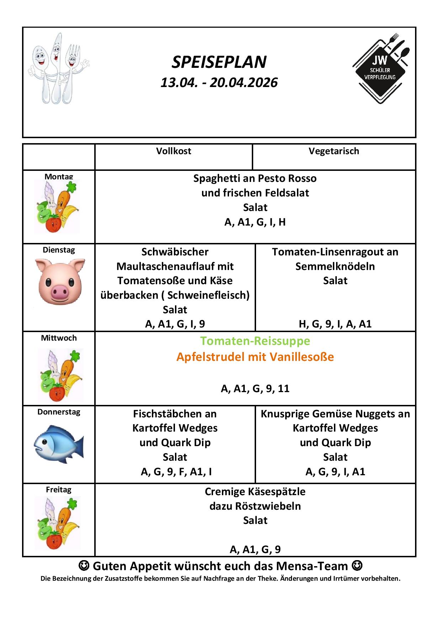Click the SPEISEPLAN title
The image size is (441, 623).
[219, 62]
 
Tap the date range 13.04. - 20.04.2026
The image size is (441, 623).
[219, 82]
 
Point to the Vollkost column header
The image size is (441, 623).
[174, 151]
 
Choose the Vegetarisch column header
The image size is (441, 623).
[334, 151]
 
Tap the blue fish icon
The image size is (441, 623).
[59, 444]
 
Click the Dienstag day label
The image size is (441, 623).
[59, 250]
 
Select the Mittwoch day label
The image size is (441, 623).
[59, 338]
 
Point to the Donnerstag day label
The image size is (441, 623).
[59, 412]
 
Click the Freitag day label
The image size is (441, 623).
[59, 489]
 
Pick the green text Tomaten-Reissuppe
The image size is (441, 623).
[255, 341]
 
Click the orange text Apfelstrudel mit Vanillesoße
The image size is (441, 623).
[255, 357]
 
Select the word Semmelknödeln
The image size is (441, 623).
[335, 266]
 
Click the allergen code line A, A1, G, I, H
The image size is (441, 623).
[255, 222]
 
